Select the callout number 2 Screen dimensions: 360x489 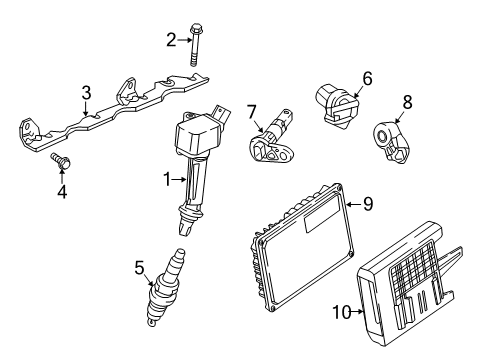(x=171, y=39)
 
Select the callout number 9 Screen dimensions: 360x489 (x=367, y=204)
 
